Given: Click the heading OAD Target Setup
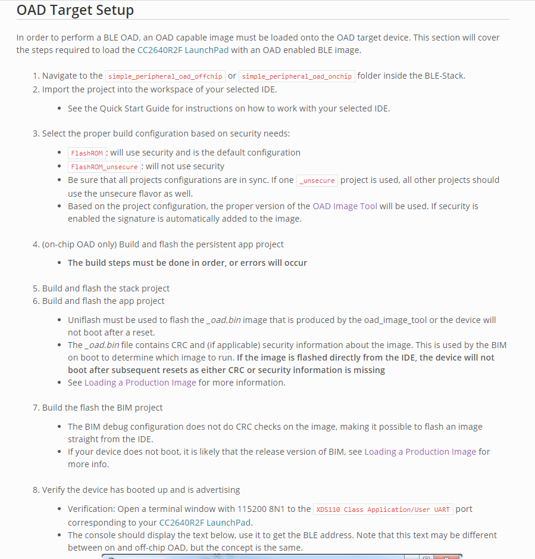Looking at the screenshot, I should [75, 11].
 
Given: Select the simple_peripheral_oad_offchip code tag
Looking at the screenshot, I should [164, 76].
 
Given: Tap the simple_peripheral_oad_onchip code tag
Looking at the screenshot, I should [296, 76].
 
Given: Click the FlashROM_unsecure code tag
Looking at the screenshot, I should [104, 167].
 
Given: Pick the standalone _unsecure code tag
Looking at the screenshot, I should [317, 181].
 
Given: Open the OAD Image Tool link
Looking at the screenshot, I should [345, 206].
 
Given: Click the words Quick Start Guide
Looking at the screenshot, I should [123, 108].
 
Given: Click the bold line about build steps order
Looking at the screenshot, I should [187, 263].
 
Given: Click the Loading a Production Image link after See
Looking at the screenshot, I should [140, 383].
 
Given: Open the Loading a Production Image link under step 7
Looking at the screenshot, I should [420, 452].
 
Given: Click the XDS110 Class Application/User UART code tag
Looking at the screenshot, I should [383, 510].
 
